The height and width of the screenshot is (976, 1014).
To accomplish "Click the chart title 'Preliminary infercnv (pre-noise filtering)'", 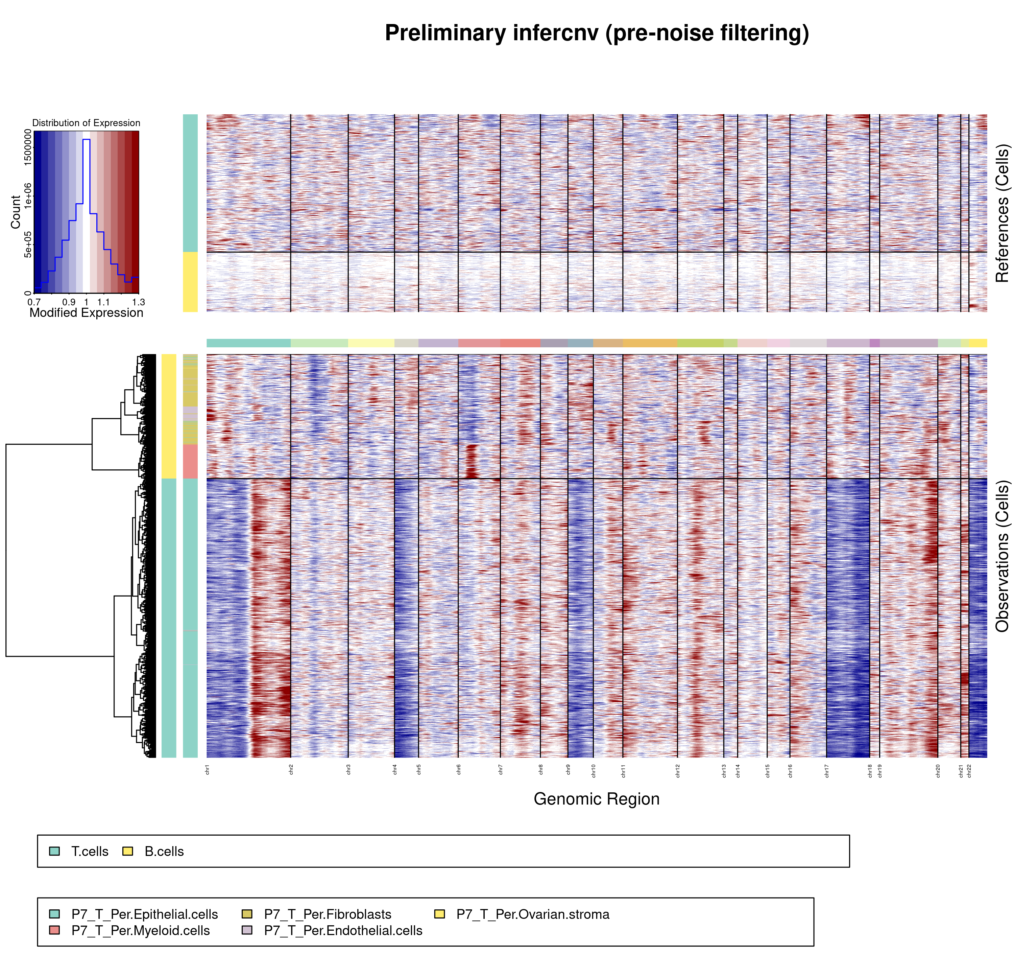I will [597, 33].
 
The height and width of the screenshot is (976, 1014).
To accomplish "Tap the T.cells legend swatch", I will [54, 851].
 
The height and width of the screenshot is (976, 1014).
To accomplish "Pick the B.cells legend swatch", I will [128, 851].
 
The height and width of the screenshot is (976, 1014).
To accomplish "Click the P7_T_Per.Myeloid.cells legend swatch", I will [54, 930].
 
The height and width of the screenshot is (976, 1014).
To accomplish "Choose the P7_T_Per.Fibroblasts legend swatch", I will [247, 914].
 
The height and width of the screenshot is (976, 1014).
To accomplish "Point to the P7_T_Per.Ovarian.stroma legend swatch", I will [439, 914].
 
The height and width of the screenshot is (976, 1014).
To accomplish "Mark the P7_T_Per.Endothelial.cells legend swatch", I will [247, 930].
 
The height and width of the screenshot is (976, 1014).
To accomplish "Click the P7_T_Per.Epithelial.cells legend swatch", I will [54, 914].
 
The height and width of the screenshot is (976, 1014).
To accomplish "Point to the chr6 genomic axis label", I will [458, 769].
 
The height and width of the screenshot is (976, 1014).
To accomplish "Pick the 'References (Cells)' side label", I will [1002, 213].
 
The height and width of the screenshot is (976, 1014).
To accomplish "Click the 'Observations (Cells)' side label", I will [1002, 556].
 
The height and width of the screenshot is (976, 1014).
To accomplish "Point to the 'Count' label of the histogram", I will [16, 212].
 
